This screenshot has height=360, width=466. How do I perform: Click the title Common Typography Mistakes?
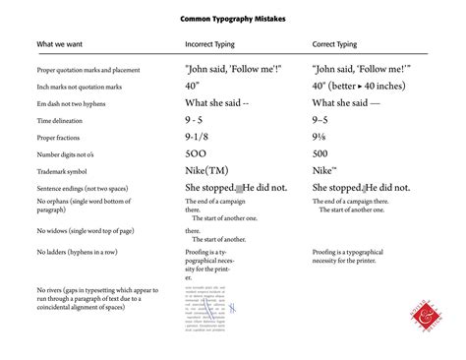[x=233, y=19]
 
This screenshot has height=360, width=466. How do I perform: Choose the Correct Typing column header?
[x=339, y=44]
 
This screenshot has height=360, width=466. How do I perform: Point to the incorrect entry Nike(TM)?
[x=207, y=144]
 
